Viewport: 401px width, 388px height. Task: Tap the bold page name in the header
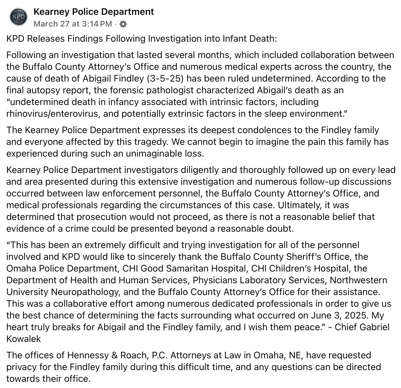pyautogui.click(x=93, y=12)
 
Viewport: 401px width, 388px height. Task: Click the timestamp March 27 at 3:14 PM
pyautogui.click(x=72, y=24)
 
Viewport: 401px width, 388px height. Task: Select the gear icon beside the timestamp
pyautogui.click(x=123, y=24)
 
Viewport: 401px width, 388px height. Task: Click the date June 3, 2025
pyautogui.click(x=338, y=315)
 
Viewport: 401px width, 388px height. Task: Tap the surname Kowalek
pyautogui.click(x=24, y=339)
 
